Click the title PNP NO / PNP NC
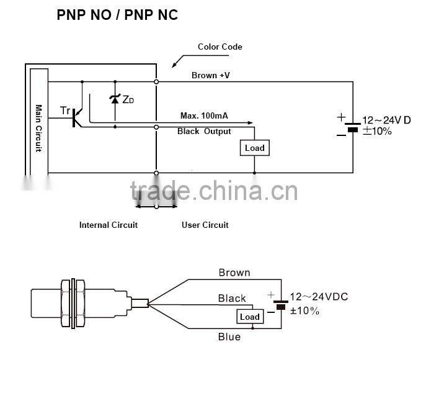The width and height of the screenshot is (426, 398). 117,15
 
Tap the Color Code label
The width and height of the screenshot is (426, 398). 220,47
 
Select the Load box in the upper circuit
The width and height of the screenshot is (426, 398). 255,148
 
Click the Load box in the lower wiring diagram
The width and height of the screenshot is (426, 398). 250,317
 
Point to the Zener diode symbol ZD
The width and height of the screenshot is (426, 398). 115,99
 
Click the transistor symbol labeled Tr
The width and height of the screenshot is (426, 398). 77,117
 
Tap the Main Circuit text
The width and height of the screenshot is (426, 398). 39,129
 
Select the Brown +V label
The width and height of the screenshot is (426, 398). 211,75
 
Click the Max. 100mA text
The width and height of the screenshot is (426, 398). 204,115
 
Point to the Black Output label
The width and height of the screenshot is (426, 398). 204,132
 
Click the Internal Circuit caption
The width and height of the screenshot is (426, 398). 109,225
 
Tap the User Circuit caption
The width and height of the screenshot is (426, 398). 205,225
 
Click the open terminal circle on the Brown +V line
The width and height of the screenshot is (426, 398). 156,81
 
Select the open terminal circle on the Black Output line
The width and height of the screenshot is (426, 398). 156,127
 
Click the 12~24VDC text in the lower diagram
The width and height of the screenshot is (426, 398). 319,297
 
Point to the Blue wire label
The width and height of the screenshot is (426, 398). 229,337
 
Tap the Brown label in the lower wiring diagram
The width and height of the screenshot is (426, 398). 234,273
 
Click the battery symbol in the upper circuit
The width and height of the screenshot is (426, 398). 353,127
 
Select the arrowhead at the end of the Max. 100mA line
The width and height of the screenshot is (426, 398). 251,123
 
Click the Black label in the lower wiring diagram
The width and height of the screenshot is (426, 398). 232,299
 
